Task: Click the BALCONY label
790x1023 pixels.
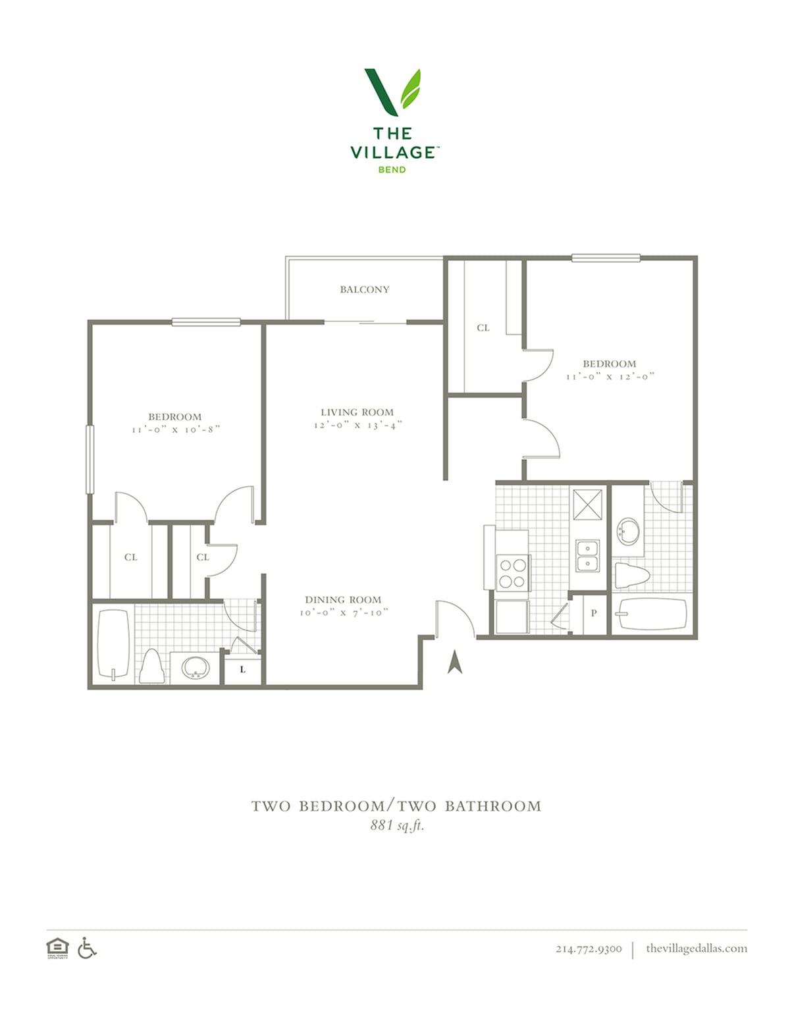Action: pos(365,290)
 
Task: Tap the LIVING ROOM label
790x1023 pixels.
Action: pos(357,412)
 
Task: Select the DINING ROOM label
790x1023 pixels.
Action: pos(343,600)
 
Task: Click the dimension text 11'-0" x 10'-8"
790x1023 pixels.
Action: pos(176,429)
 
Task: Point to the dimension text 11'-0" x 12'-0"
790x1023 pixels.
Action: pos(610,377)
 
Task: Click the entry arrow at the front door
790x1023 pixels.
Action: pos(454,662)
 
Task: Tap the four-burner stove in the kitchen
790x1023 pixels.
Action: pos(513,573)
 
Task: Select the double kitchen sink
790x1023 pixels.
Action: pos(588,556)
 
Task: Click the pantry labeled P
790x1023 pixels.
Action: pos(594,613)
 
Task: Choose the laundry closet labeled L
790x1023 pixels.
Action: pos(243,669)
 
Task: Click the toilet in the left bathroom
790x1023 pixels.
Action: pos(152,666)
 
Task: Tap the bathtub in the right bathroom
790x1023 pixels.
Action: pos(652,614)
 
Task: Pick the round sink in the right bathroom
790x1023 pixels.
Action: pos(628,532)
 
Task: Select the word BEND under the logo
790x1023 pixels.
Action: pos(392,169)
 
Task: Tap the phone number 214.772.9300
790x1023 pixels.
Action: pos(588,949)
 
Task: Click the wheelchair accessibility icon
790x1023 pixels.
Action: pos(87,948)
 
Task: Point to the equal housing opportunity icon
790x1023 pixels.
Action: pos(57,948)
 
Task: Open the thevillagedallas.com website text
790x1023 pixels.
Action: pos(697,948)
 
